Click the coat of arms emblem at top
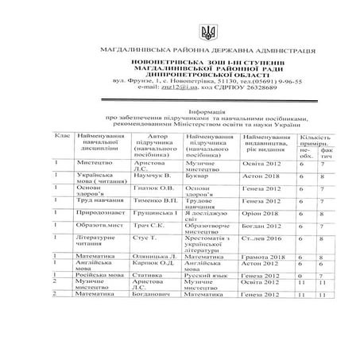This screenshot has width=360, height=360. (x=179, y=33)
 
